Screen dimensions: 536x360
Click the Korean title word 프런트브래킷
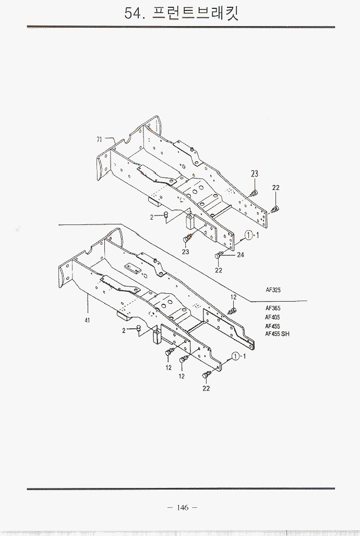pos(196,13)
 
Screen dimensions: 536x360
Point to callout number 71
pos(99,139)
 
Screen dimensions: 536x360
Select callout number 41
pos(88,320)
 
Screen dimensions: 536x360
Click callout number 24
pos(241,255)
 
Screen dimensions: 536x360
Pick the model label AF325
pos(274,290)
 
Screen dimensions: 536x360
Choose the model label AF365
pos(272,308)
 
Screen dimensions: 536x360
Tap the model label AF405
pos(272,317)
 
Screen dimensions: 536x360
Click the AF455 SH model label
pos(277,334)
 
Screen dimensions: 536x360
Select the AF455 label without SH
pos(272,326)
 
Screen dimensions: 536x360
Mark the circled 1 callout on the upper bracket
pos(250,235)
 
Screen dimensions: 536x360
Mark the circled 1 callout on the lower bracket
pos(236,356)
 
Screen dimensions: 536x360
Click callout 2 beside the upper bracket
pos(152,217)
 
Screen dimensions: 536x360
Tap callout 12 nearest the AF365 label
pos(234,297)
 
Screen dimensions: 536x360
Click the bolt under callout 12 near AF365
pos(232,311)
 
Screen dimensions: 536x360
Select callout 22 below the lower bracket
pos(206,388)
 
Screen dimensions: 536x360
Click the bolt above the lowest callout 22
pos(207,375)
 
